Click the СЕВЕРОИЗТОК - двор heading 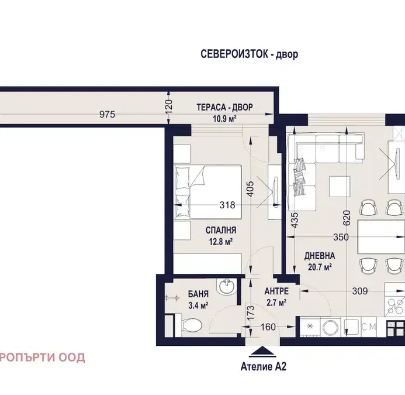click(x=249, y=54)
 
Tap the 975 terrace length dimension click(x=107, y=114)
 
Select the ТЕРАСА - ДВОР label click(x=225, y=107)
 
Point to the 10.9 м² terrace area click(x=225, y=119)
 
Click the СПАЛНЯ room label click(x=221, y=230)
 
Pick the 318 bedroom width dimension click(x=227, y=205)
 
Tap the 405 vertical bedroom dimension click(x=250, y=189)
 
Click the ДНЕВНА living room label click(x=320, y=256)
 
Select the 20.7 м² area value click(x=320, y=267)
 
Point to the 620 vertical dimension click(x=346, y=218)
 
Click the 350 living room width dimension click(x=341, y=237)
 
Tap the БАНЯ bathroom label click(x=198, y=294)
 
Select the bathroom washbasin click(x=227, y=286)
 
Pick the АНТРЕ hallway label click(x=276, y=291)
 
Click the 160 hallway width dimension click(x=268, y=327)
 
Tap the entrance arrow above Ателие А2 click(x=264, y=352)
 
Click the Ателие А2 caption click(x=264, y=366)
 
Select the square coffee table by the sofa click(x=340, y=187)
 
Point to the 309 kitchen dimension click(x=360, y=291)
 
